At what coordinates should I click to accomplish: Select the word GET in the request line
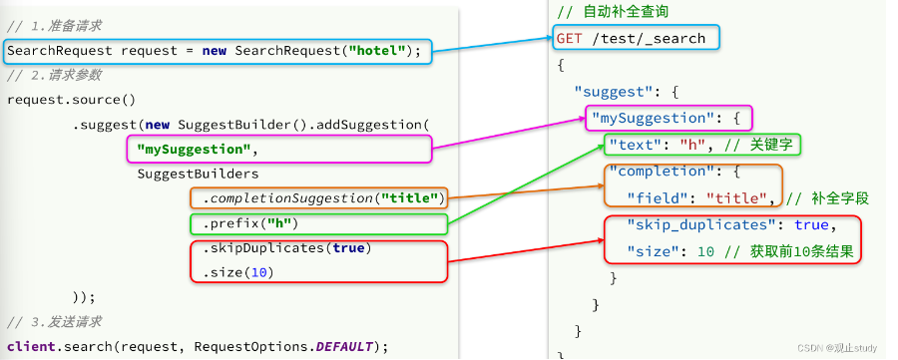[569, 38]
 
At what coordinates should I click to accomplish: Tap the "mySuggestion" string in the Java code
[195, 150]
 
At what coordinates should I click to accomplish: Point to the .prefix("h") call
[250, 223]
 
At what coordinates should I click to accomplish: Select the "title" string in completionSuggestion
[413, 198]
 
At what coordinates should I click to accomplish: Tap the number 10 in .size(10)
[259, 273]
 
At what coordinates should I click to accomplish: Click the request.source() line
[72, 100]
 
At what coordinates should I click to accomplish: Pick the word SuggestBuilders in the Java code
[199, 174]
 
